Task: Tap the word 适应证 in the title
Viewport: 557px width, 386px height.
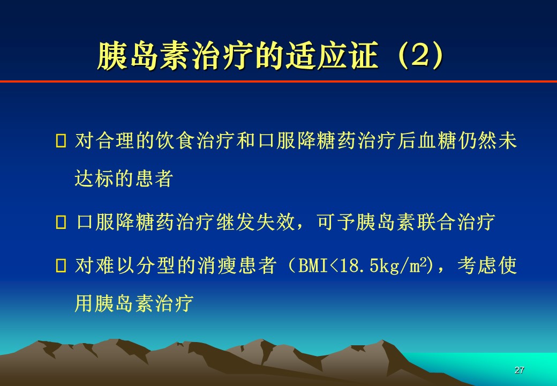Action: (332, 56)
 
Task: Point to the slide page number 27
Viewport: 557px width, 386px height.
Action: (519, 370)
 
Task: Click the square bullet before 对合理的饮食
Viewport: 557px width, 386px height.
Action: (61, 140)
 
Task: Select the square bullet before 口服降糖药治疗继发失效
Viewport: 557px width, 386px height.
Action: (61, 222)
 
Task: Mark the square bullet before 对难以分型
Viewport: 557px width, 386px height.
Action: (61, 265)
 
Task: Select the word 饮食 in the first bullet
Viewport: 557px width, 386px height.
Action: (176, 140)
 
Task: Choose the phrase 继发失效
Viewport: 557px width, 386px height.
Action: (255, 222)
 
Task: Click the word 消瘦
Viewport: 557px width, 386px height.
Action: (216, 265)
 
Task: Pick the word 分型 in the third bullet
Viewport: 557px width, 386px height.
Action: (156, 265)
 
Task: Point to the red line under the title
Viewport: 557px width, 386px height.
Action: (278, 81)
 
